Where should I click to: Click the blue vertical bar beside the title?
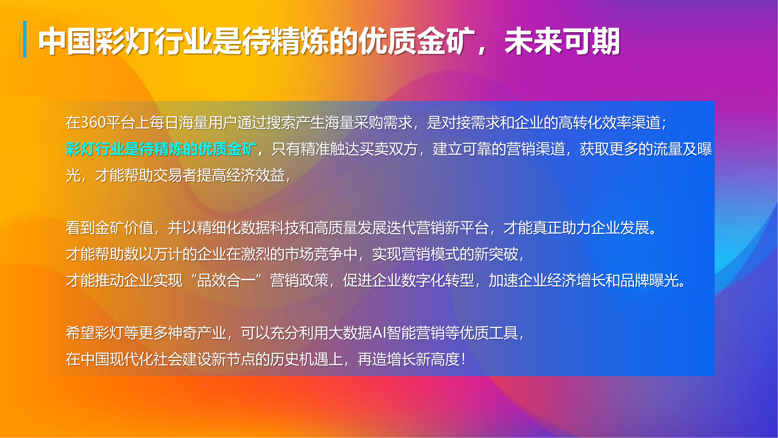tap(25, 39)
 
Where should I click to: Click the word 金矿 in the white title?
tap(447, 41)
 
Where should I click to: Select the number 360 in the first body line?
tap(94, 123)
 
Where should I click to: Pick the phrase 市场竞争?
tap(314, 254)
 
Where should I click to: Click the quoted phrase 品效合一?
tap(226, 280)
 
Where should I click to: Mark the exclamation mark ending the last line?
tap(464, 359)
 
